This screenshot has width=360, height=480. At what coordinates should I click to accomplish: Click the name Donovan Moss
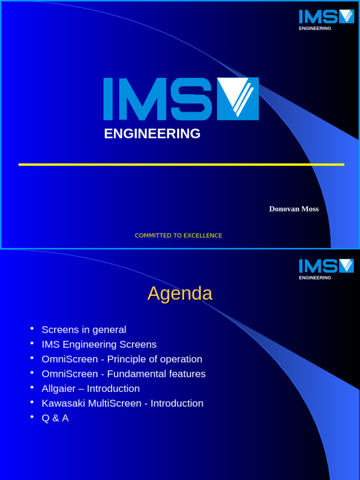click(x=293, y=209)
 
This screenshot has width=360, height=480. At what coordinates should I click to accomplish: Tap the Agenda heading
click(x=180, y=294)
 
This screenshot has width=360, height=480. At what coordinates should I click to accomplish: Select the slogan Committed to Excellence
click(x=178, y=235)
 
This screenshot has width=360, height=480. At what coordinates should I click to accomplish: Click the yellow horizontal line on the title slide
click(x=181, y=165)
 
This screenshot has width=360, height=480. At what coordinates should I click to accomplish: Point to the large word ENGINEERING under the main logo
click(x=152, y=134)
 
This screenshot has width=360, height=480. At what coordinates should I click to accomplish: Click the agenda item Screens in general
click(x=84, y=330)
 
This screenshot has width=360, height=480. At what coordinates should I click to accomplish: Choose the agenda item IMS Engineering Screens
click(x=99, y=345)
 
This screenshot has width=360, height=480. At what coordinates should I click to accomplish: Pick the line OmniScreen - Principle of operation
click(x=122, y=359)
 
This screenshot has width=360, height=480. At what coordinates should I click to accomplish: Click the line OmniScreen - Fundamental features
click(x=123, y=374)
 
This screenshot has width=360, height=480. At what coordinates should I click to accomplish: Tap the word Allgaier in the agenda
click(x=59, y=389)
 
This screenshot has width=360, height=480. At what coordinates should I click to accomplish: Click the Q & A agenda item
click(x=55, y=418)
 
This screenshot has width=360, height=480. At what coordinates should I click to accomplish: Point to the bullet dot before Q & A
click(x=32, y=417)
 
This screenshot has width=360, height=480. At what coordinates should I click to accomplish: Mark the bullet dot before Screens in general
click(x=32, y=328)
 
